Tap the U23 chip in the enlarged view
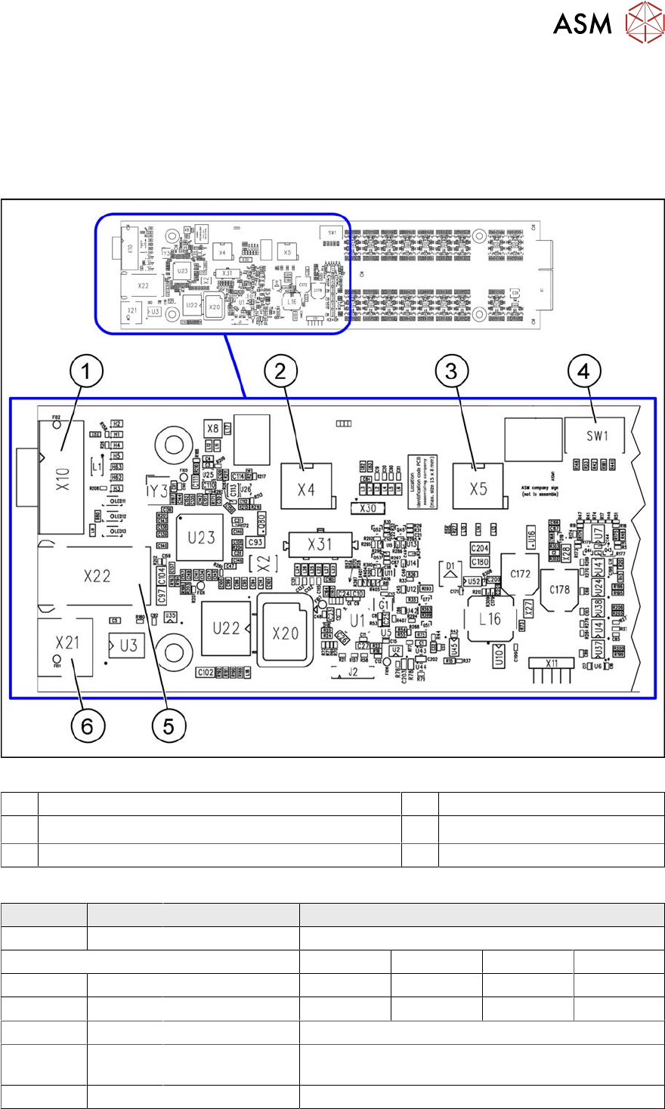[x=201, y=538]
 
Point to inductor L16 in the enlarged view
[x=490, y=619]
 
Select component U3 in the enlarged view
[x=128, y=646]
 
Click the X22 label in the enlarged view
[x=97, y=576]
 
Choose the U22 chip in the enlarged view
[x=225, y=628]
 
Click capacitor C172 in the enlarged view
[x=520, y=574]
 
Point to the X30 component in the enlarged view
[x=369, y=509]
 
